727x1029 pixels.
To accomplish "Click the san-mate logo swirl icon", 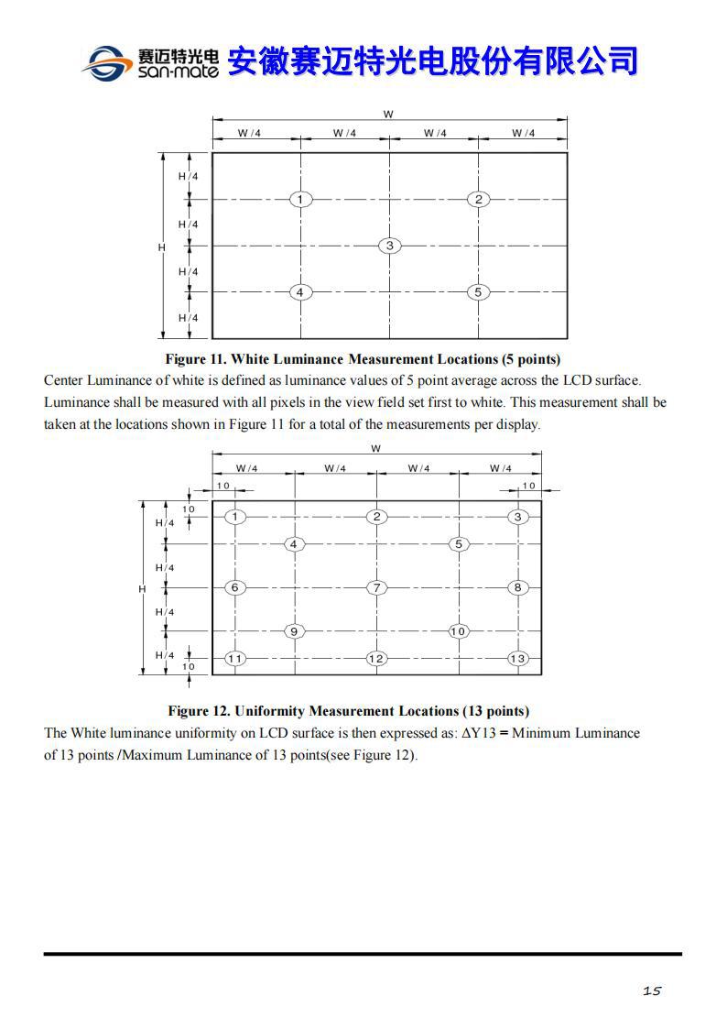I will point(106,62).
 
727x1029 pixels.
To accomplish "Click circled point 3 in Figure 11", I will point(390,246).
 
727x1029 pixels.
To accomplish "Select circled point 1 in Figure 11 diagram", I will point(300,199).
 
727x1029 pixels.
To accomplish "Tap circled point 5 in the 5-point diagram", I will point(478,292).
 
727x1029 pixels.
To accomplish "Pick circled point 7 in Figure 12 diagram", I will point(376,587).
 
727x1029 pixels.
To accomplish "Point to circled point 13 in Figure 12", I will point(518,659).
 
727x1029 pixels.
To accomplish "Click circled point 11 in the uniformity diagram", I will point(235,659).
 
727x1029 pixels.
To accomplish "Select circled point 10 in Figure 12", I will point(459,631).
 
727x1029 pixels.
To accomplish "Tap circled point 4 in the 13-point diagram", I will point(293,544).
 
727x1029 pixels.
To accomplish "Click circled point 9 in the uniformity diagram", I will point(293,631).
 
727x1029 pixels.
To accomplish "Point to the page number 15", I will point(652,991).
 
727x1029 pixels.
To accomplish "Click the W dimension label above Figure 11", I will point(389,115).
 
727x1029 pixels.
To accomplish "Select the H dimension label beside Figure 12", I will point(142,588).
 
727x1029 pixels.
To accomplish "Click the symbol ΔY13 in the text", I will point(479,733).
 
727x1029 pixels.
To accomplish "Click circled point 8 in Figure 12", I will point(518,587).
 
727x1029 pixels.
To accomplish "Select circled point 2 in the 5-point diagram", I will point(478,199).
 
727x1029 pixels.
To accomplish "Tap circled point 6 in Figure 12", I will point(235,587).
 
